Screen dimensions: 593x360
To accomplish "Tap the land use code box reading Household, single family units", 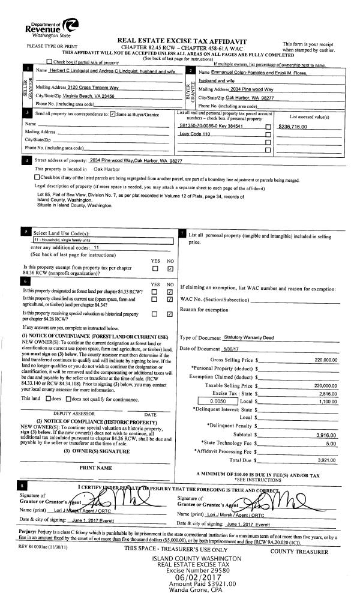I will (102, 239).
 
